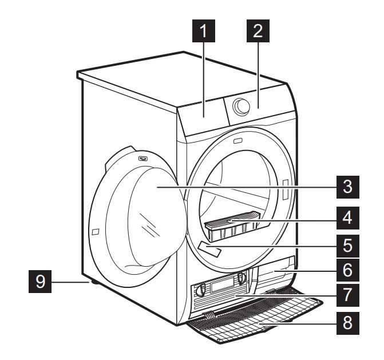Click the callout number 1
204,33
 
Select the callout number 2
258,33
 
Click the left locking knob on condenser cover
201,290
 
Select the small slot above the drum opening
237,140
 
